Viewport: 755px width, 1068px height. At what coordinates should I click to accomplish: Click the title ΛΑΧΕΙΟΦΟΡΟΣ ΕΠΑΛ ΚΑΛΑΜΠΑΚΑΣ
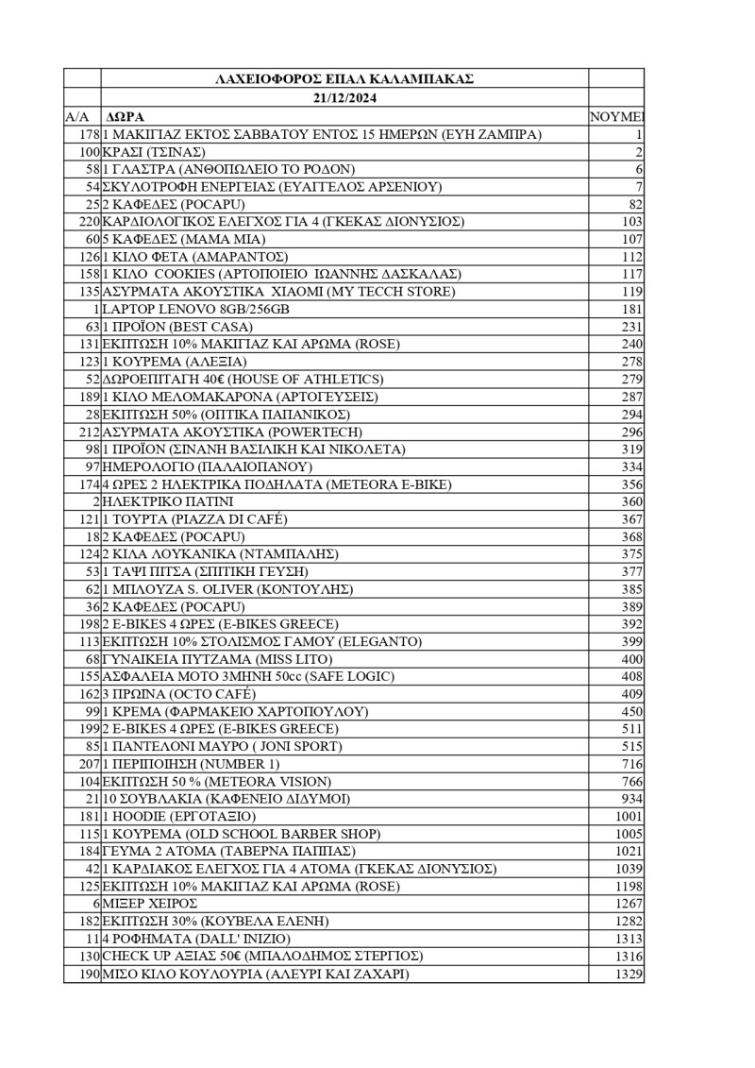click(x=344, y=79)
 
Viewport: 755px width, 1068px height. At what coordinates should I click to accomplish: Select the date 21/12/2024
click(x=344, y=97)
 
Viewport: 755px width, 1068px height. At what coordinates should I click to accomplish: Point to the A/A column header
click(x=76, y=116)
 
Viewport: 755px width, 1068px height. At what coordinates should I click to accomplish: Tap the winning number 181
click(x=631, y=309)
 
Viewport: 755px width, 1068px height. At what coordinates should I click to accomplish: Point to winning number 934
click(x=631, y=799)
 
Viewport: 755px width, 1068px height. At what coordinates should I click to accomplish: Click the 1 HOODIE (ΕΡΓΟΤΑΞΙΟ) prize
click(x=179, y=816)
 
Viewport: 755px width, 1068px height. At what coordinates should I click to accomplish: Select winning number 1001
click(x=628, y=816)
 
